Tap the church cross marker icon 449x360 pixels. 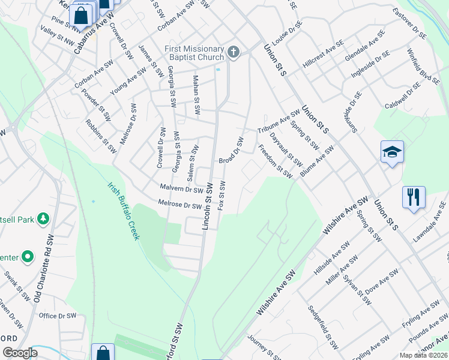[234, 53]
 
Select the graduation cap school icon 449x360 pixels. [392, 152]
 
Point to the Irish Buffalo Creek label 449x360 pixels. [124, 211]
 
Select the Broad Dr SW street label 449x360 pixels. [231, 151]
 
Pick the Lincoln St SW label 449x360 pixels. [208, 205]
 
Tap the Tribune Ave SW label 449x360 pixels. [279, 122]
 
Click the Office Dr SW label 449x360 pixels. [58, 316]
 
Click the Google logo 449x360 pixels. [20, 353]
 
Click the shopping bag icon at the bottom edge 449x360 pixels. [103, 353]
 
